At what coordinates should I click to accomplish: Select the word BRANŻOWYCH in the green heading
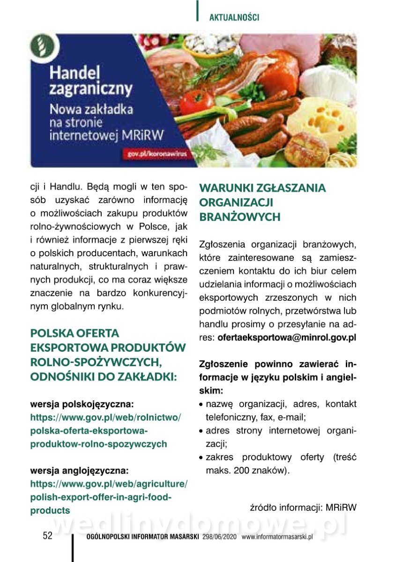[240, 217]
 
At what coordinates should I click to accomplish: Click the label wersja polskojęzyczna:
[82, 403]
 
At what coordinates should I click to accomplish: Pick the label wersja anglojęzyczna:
[79, 470]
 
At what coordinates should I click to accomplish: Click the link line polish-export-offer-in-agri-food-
[101, 496]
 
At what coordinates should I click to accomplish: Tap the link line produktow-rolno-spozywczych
[98, 444]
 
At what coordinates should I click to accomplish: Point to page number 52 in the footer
[47, 536]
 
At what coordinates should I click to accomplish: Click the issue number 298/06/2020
[220, 537]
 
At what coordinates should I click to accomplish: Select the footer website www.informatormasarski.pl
[277, 537]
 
